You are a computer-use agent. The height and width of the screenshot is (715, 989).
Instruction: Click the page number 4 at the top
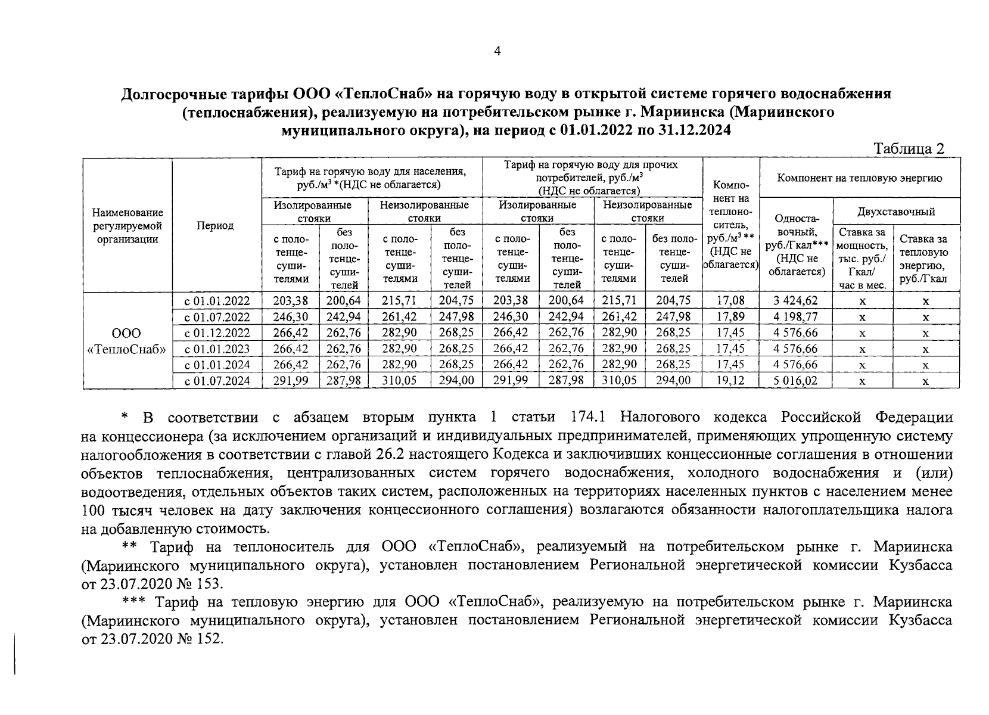click(x=497, y=51)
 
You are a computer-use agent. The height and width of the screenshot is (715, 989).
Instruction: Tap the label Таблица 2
click(x=909, y=149)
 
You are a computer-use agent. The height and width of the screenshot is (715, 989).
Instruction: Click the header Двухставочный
click(x=896, y=212)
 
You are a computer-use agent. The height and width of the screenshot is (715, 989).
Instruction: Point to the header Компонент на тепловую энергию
click(x=860, y=178)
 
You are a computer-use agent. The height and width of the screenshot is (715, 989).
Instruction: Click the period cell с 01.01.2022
click(x=217, y=301)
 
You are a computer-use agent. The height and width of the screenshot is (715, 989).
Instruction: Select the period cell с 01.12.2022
click(x=217, y=333)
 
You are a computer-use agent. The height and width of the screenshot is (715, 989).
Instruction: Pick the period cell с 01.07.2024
click(x=217, y=381)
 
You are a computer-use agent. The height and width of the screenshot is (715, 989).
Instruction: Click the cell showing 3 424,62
click(x=795, y=301)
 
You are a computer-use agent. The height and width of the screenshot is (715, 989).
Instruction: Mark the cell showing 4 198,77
click(x=795, y=317)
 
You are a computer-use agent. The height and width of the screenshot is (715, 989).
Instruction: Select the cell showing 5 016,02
click(x=795, y=381)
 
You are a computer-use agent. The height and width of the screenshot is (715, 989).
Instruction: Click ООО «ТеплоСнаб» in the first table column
click(x=127, y=341)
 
